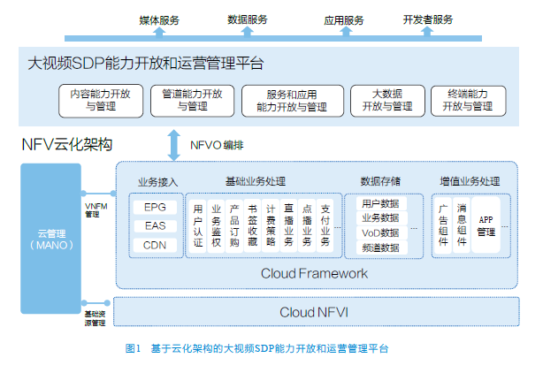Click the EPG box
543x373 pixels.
tap(155, 207)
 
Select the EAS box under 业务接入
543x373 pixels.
tap(155, 226)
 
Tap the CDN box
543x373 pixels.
tap(155, 246)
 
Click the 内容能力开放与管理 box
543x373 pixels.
tap(101, 101)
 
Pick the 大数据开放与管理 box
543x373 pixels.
tap(387, 101)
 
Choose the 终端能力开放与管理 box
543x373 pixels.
tap(468, 101)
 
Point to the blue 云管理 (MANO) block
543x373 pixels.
tap(51, 239)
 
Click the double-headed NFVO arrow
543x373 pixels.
tap(174, 145)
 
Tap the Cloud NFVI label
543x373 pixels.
tap(314, 312)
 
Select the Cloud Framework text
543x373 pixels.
tap(314, 273)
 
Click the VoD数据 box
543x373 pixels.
tap(381, 232)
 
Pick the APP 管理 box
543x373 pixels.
tap(486, 225)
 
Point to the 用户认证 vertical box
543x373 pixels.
tap(198, 225)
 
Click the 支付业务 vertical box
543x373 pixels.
tap(325, 225)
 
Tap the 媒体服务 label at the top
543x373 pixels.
tap(159, 20)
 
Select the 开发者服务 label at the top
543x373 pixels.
tap(428, 19)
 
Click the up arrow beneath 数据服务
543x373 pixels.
tap(248, 32)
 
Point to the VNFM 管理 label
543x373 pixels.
tap(96, 210)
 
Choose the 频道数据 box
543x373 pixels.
tap(381, 247)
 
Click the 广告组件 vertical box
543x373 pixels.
tap(443, 225)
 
